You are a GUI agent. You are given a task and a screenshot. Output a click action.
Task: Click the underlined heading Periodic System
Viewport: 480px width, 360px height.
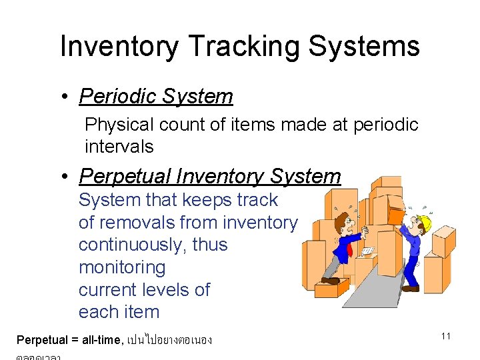coord(156,97)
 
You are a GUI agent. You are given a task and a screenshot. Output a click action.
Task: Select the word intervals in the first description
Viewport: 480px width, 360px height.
coord(119,147)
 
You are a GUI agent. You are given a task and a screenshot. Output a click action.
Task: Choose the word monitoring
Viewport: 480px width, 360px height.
coord(122,267)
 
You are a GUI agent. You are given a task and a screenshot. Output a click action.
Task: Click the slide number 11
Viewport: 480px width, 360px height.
coord(446,336)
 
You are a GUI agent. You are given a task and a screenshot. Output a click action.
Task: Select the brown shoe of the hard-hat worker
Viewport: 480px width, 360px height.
coord(410,289)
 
